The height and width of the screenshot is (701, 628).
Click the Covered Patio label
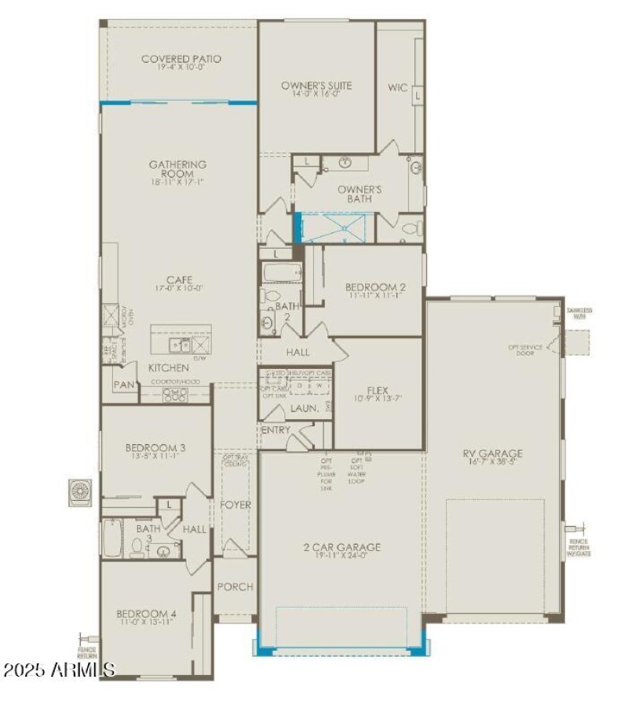click(x=181, y=59)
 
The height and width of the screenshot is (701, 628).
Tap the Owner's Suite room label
click(x=316, y=86)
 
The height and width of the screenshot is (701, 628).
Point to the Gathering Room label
click(x=178, y=165)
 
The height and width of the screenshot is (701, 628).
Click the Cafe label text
click(x=179, y=279)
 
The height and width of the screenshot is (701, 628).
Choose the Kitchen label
click(x=169, y=367)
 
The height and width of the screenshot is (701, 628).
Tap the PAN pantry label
click(x=123, y=385)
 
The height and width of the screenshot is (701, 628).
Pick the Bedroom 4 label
click(x=146, y=613)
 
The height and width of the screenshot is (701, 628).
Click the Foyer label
click(x=235, y=505)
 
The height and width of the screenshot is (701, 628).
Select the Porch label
click(x=235, y=586)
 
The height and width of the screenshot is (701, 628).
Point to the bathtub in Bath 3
click(x=112, y=537)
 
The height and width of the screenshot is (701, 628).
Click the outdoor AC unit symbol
click(x=79, y=491)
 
